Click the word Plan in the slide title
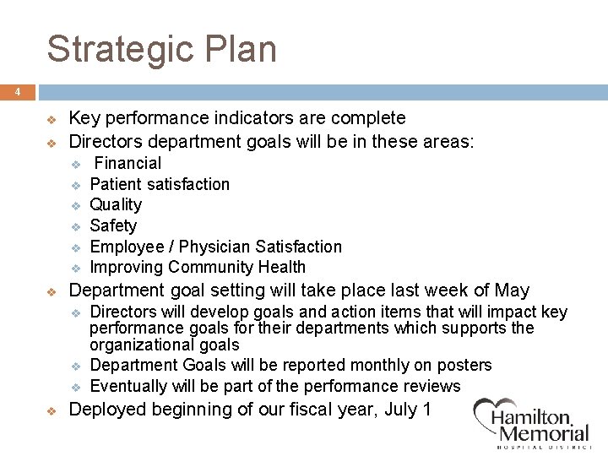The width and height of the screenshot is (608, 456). click(245, 49)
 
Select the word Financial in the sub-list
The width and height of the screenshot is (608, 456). click(127, 163)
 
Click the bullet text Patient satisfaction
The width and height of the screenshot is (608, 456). click(160, 184)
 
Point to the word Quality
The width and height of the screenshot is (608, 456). click(116, 204)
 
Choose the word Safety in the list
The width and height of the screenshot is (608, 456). click(113, 225)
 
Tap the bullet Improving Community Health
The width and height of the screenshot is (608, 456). click(198, 267)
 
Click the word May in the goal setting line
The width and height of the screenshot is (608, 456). click(512, 290)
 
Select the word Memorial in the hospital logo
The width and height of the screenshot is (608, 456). click(544, 434)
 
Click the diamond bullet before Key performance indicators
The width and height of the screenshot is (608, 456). click(51, 119)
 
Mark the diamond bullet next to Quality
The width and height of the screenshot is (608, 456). click(74, 205)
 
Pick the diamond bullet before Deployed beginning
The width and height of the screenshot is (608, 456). click(51, 410)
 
